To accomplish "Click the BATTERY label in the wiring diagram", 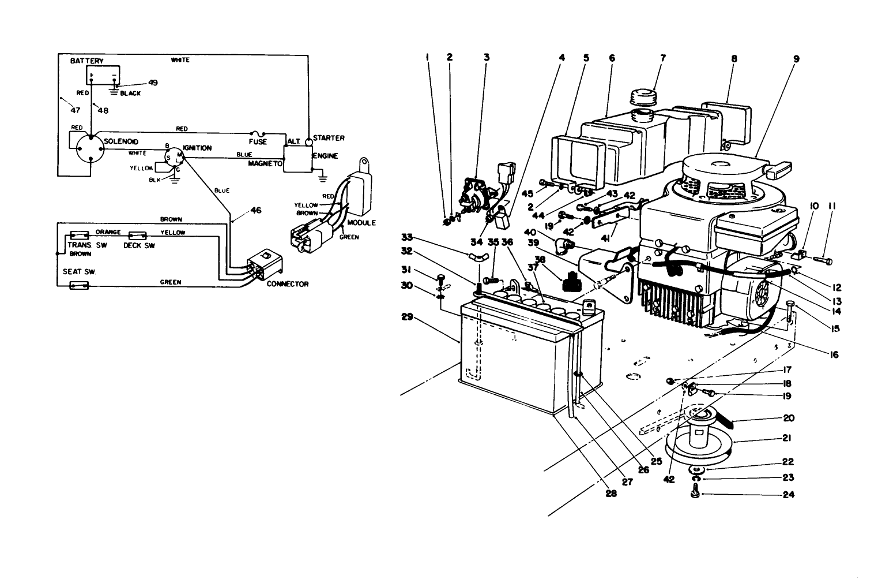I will [x=86, y=61].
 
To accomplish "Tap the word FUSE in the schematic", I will [x=258, y=141].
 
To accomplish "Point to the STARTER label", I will [x=329, y=138].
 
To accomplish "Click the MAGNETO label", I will [x=265, y=164].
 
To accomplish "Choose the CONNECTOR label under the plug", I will [x=287, y=284].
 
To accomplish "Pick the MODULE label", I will [x=362, y=223].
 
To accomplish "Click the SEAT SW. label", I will [x=78, y=271].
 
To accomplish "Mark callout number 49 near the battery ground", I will [x=152, y=83].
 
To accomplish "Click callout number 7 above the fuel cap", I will [x=663, y=58].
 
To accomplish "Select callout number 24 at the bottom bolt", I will [x=787, y=495].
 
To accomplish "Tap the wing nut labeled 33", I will [x=476, y=256].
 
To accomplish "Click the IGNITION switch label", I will [x=197, y=148].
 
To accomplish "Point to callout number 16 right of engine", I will [x=834, y=355].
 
